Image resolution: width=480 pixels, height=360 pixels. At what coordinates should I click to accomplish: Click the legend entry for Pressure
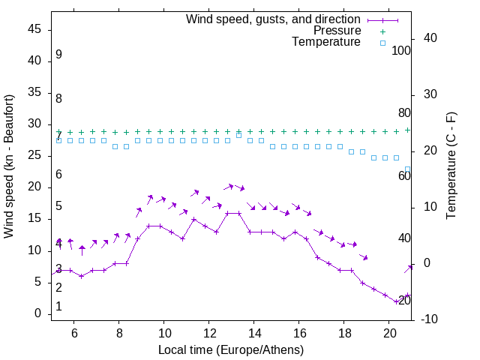(x=337, y=31)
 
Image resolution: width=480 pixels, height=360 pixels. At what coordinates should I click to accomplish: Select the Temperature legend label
(x=326, y=42)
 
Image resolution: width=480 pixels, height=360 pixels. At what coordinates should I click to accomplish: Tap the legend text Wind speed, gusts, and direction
(x=273, y=19)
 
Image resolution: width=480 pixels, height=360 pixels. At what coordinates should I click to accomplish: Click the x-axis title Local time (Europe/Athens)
(x=231, y=350)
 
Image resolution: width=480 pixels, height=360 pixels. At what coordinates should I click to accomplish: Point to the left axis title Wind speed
(x=9, y=166)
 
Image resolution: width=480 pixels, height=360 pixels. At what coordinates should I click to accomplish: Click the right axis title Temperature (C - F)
(x=451, y=166)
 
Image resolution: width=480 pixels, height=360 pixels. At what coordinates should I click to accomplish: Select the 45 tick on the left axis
(x=34, y=30)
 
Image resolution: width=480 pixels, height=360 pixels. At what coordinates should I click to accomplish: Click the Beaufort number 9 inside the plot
(x=58, y=55)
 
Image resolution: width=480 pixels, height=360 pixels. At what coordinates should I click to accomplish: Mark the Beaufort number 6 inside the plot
(x=58, y=175)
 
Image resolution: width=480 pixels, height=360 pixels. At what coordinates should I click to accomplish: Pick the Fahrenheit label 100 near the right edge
(x=401, y=50)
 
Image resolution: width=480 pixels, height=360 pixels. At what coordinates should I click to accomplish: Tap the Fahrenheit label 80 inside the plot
(x=404, y=113)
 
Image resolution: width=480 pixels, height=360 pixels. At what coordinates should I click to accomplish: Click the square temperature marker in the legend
(x=382, y=43)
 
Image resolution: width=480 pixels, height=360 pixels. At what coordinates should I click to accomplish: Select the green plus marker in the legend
(x=382, y=31)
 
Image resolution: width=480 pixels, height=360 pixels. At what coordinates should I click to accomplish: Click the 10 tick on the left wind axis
(x=34, y=250)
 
